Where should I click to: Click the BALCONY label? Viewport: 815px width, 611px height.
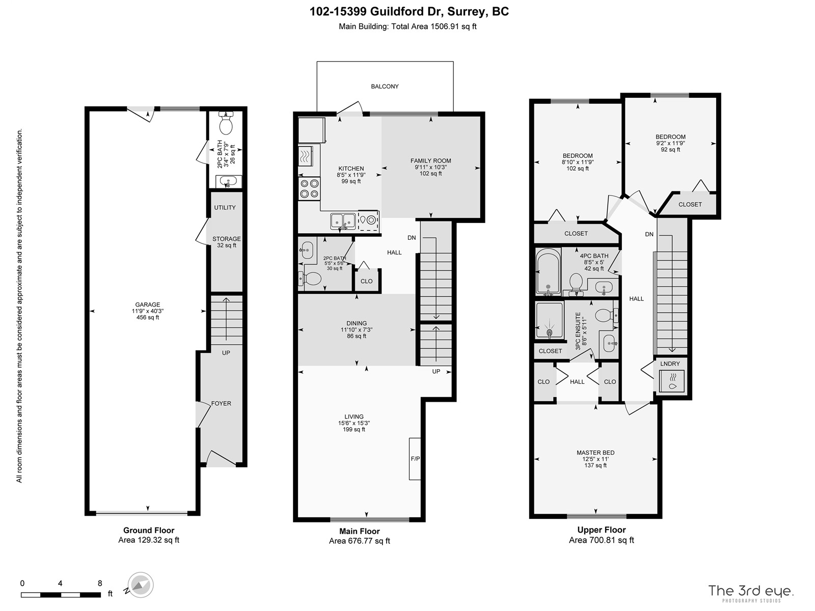385,87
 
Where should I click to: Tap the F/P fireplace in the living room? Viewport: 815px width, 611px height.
415,459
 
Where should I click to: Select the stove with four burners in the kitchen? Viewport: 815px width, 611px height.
309,189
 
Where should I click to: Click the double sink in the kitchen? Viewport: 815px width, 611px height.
343,222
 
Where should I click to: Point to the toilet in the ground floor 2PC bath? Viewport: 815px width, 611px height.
226,123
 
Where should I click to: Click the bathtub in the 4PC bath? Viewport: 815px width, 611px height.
548,272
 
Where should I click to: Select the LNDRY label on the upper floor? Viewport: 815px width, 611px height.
670,364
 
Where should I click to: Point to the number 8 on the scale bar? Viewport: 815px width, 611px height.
100,583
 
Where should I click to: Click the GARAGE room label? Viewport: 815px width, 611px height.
148,304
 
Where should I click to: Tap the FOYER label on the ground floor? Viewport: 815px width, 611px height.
221,403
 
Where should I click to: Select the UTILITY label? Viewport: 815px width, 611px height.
225,207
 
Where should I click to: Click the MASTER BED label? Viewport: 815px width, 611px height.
595,453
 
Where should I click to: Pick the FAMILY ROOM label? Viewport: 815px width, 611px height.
431,160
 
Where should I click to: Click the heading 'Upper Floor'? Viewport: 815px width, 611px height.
602,530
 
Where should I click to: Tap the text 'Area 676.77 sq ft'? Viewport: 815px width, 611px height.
360,541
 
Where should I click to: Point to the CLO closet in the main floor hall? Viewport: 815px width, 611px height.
366,281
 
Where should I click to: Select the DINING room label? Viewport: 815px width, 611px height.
357,323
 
